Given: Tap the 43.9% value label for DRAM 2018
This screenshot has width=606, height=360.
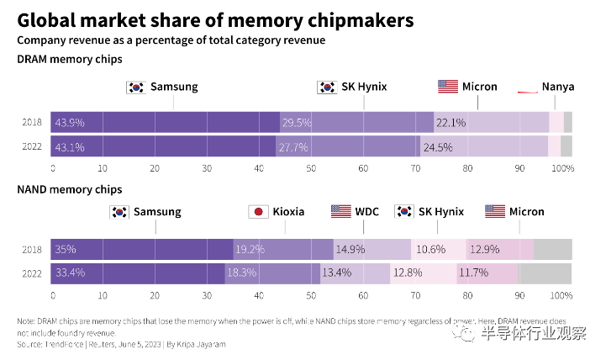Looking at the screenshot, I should click(x=71, y=122).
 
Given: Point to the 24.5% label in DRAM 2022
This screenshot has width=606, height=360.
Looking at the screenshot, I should click(x=438, y=147).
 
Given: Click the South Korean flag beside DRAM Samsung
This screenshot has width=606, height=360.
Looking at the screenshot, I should click(x=135, y=87).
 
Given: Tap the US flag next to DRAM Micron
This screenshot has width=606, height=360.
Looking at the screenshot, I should click(x=448, y=87).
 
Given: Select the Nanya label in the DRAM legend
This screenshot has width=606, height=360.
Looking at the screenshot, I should click(x=558, y=87).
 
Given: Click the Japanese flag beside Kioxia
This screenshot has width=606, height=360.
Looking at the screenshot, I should click(x=258, y=211).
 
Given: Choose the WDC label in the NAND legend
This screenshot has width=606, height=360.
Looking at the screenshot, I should click(x=366, y=211).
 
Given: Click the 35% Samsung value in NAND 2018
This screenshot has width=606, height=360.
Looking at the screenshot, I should click(x=66, y=249).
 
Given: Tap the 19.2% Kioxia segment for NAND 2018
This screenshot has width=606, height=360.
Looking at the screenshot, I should click(x=250, y=249).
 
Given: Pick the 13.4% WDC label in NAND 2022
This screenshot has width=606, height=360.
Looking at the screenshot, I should click(x=337, y=273).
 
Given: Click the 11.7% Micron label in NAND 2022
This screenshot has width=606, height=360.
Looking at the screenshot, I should click(x=474, y=273).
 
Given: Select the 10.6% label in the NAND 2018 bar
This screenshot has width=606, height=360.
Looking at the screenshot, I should click(x=430, y=249).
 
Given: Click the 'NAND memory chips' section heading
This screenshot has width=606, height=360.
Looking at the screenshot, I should click(x=69, y=189).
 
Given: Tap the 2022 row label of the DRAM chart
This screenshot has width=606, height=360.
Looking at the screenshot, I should click(x=31, y=147).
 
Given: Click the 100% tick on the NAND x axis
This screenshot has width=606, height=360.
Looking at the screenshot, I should click(x=561, y=296).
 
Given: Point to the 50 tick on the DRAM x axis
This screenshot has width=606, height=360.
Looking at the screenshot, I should click(x=311, y=169).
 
